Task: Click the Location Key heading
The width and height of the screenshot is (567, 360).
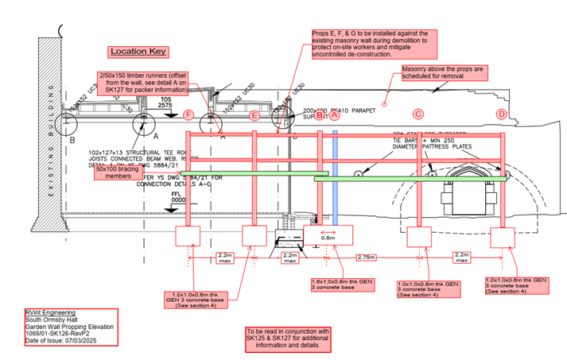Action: pos(138,52)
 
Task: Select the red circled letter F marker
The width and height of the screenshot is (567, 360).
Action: pos(188,115)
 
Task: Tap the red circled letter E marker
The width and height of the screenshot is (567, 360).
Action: pos(254,116)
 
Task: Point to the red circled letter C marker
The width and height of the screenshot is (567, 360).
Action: pos(418,114)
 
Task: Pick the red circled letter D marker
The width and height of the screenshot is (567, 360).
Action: pos(501,114)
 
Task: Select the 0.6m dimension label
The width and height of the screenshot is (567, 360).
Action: pos(328,236)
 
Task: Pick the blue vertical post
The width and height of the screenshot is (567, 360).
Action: pos(335,175)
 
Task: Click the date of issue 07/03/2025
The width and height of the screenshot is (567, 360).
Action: pos(57,341)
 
